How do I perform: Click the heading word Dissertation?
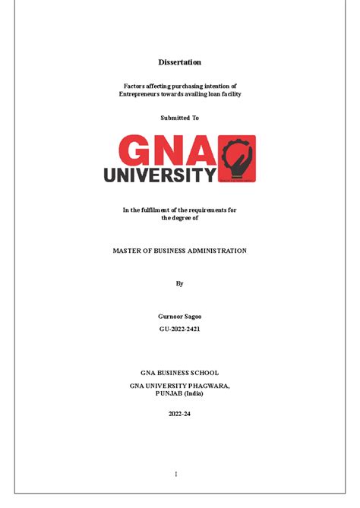pos(179,62)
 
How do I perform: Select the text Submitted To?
pos(179,118)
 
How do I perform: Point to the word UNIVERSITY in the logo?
pos(159,175)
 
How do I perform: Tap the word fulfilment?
pos(169,210)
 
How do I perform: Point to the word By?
pos(179,283)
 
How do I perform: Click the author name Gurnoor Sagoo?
pos(179,316)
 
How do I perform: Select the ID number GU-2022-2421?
pos(179,329)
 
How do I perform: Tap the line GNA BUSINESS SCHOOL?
pos(179,373)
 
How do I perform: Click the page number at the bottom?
pos(175,474)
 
